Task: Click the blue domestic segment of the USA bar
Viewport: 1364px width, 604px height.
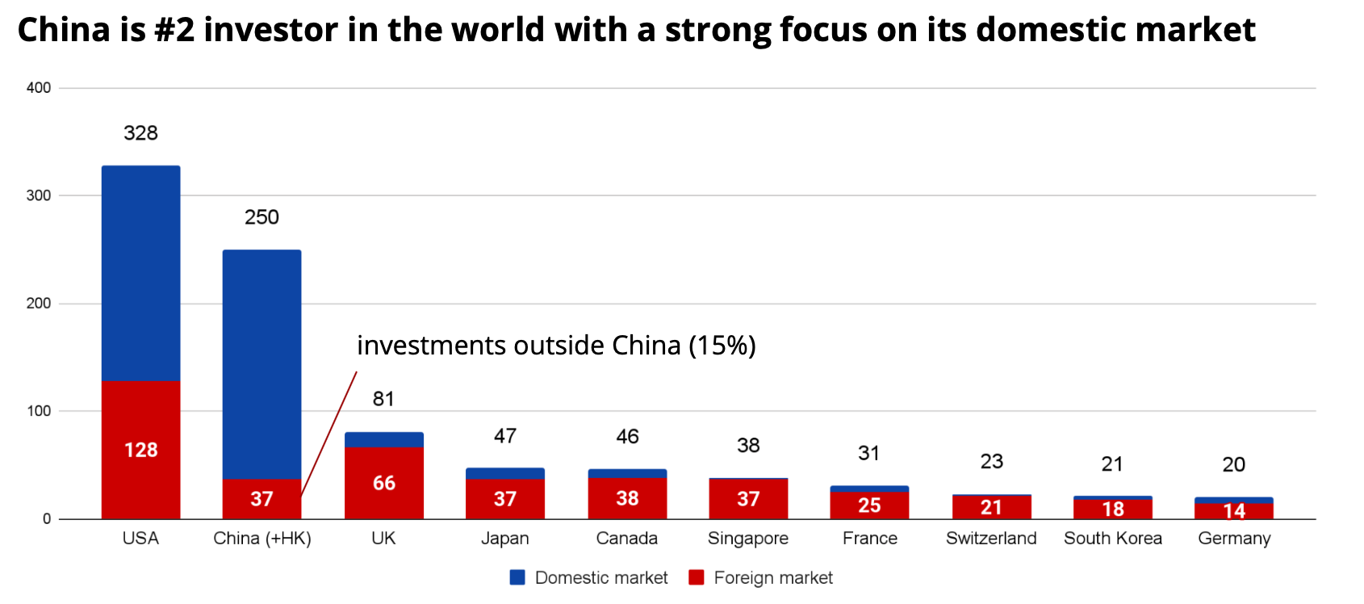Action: pos(140,273)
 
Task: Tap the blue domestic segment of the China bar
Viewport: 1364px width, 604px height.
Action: pos(262,363)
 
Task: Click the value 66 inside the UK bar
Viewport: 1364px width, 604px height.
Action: pos(384,483)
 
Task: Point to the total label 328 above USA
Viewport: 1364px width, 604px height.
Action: pos(140,133)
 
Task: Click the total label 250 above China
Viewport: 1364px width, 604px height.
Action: pos(262,217)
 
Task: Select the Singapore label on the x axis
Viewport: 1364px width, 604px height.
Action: pos(748,539)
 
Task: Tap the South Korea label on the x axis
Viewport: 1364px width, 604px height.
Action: pos(1113,539)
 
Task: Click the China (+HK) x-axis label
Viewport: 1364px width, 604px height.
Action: pos(262,539)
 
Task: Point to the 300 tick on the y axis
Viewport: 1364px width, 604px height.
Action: pos(39,195)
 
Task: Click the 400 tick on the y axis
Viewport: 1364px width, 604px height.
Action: pos(39,88)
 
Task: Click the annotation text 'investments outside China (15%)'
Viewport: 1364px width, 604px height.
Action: pos(556,346)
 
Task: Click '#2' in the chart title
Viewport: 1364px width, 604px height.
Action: pos(174,31)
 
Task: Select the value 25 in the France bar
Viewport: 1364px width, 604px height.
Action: pos(869,505)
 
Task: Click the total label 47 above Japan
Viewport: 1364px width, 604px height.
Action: pos(505,436)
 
